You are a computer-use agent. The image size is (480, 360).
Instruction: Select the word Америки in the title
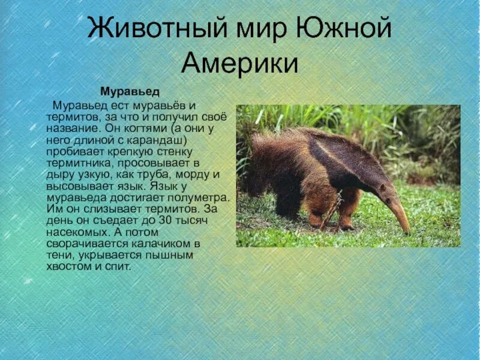pyautogui.click(x=240, y=62)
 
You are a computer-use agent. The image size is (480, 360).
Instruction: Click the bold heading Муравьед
pyautogui.click(x=130, y=92)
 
